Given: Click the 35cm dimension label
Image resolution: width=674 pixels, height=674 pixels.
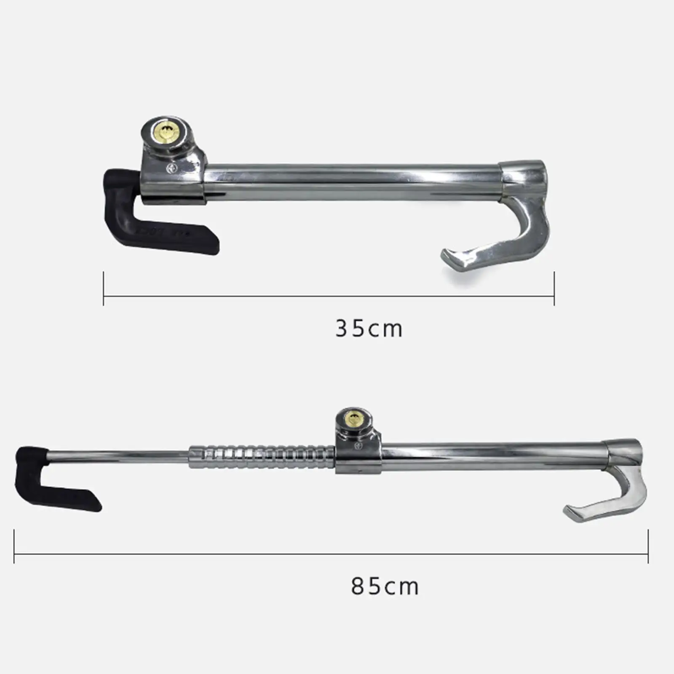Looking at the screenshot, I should [x=369, y=329].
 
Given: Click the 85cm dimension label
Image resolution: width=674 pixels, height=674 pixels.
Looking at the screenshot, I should [x=385, y=586].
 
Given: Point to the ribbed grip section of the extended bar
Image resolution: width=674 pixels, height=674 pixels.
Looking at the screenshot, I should [x=261, y=457].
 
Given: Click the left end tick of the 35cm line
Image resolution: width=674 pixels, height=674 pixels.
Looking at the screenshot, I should [x=104, y=289].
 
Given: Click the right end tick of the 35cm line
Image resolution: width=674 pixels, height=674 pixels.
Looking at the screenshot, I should [x=554, y=289].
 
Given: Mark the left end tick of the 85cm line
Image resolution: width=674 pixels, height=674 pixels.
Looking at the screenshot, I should [x=14, y=546].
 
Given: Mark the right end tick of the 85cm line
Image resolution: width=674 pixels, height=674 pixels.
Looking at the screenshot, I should [x=648, y=546].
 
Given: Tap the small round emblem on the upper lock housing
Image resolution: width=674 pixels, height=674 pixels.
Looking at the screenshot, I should [x=172, y=168].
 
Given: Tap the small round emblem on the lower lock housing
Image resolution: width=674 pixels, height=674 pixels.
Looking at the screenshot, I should [x=358, y=445].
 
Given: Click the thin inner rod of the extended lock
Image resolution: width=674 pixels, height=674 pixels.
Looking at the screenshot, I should [x=118, y=456].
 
